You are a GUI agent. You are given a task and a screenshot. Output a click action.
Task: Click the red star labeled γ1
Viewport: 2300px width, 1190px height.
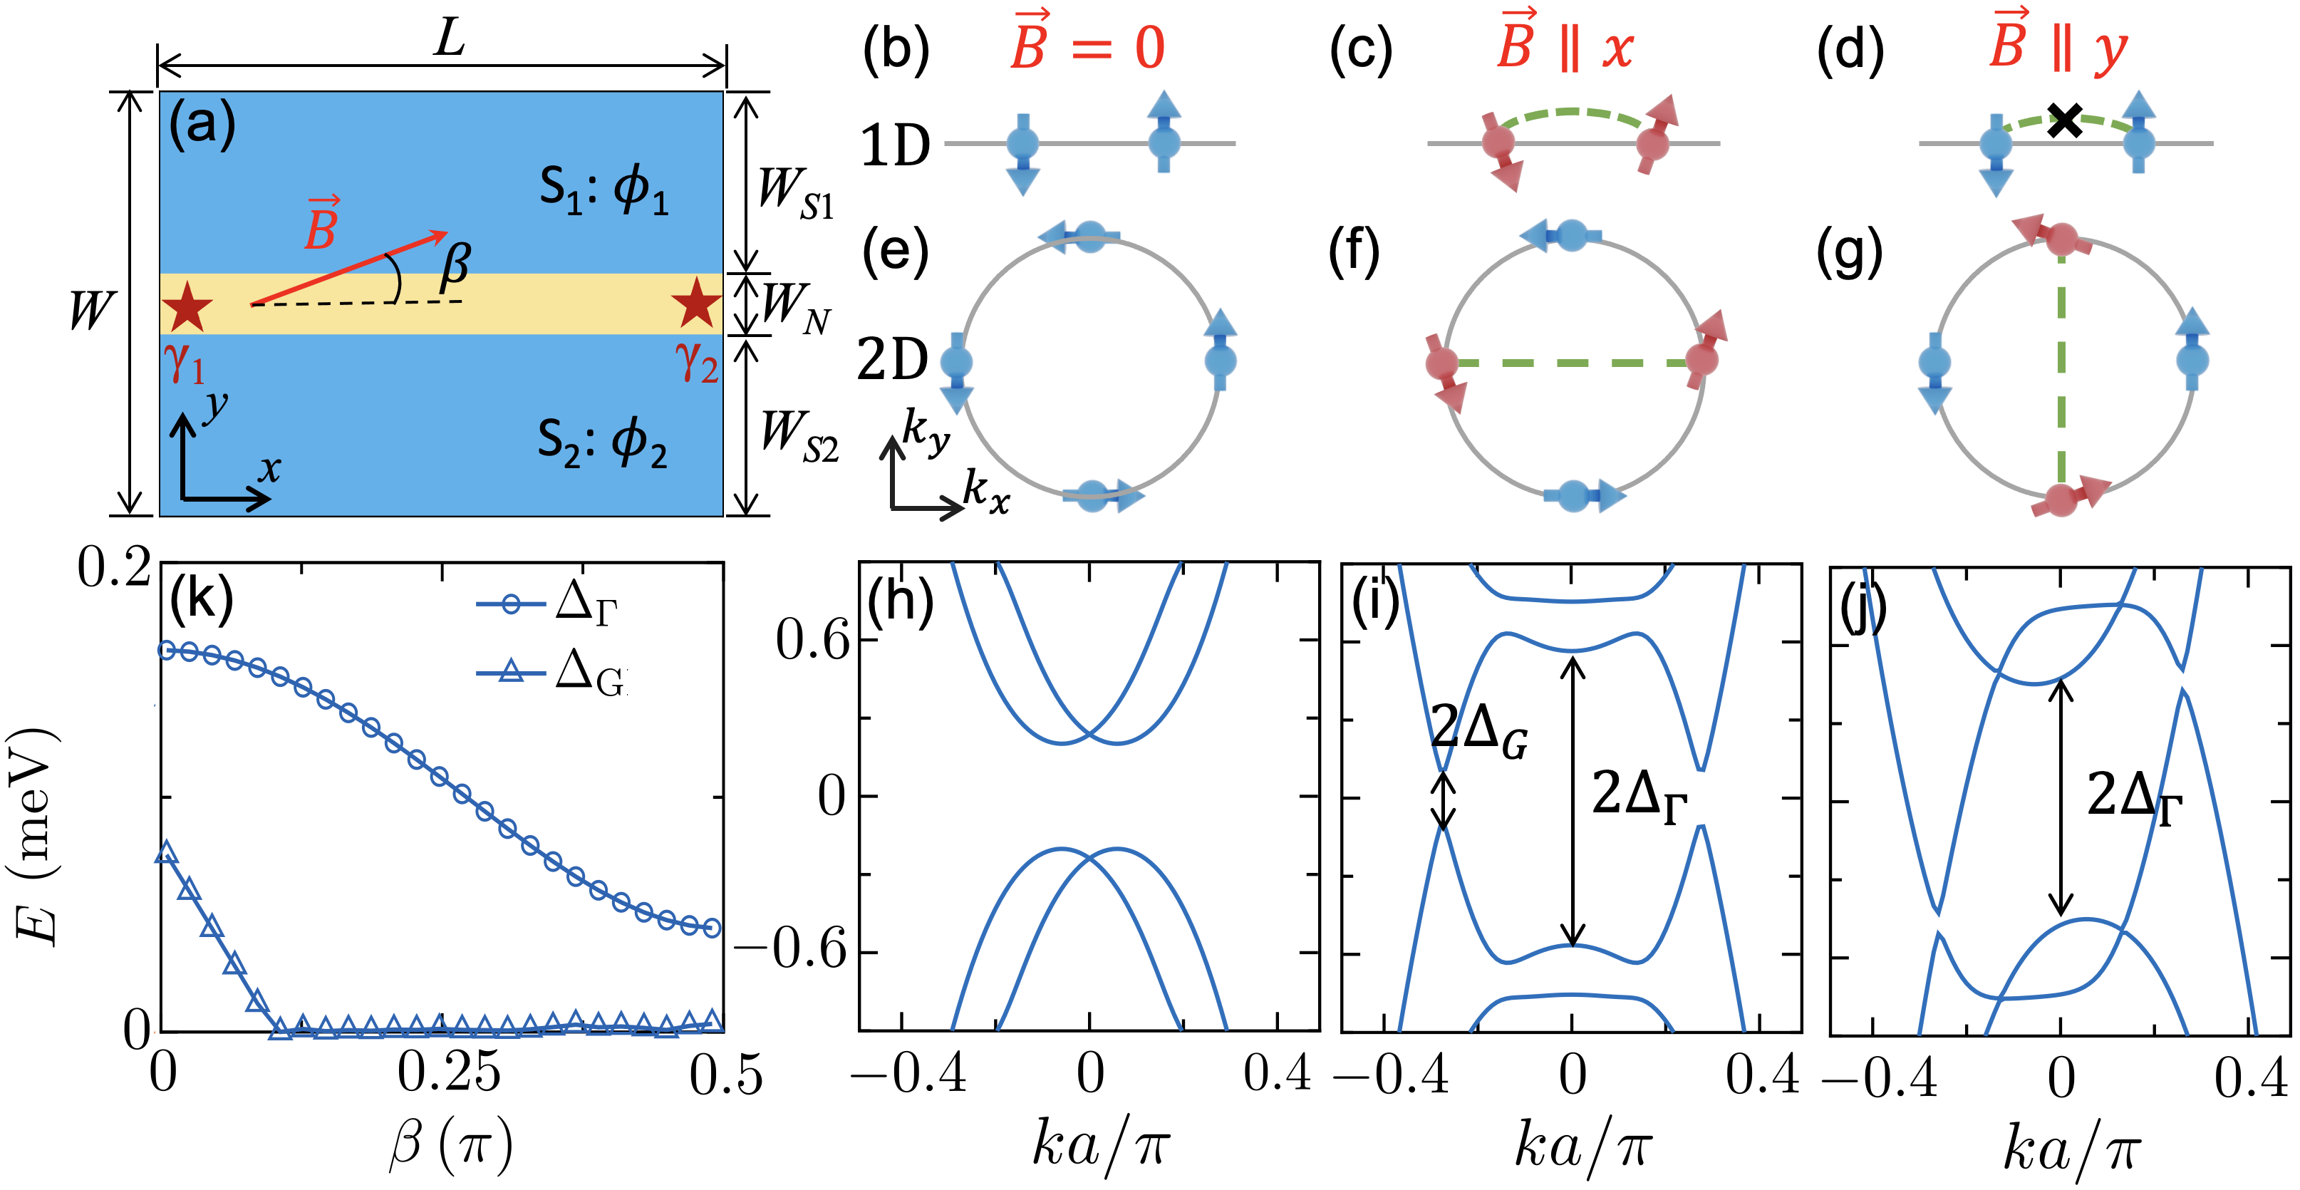187,306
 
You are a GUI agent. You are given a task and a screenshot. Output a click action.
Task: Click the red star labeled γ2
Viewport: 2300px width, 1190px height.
695,304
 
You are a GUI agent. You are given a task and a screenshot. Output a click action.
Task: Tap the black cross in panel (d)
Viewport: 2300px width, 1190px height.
2065,120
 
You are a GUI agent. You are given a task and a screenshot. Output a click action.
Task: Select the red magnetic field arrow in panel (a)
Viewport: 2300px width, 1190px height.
349,268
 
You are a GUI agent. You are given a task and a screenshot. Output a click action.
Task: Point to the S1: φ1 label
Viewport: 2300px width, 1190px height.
604,190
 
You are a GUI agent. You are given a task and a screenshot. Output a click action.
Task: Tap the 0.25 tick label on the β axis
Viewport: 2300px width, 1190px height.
448,1074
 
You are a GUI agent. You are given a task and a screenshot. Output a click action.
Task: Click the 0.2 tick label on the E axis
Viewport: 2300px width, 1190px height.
113,569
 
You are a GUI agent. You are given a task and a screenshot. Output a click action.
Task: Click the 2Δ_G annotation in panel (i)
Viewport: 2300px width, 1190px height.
1478,730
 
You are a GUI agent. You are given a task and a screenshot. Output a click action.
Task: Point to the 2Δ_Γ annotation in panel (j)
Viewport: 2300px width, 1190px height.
2133,797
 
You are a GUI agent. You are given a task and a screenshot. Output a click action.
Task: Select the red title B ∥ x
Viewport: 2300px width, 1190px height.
1564,45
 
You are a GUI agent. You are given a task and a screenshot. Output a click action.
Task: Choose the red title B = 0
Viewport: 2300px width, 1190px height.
1087,45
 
